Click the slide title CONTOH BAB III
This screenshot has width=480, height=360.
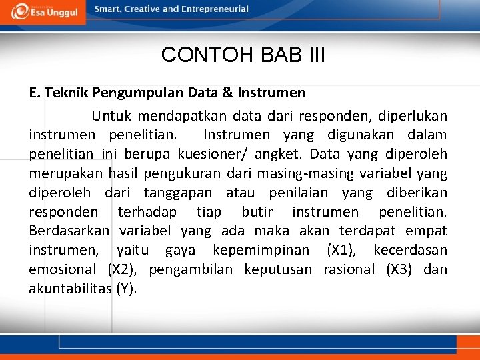pos(243,55)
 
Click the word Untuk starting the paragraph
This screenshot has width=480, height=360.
pos(111,116)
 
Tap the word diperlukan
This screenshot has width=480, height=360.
pos(417,116)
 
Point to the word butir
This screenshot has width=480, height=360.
pos(257,213)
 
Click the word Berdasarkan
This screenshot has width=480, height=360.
pos(69,231)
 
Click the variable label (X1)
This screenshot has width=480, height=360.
pos(341,251)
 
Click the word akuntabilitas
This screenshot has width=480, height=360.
pos(69,289)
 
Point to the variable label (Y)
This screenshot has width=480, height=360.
pos(126,289)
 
